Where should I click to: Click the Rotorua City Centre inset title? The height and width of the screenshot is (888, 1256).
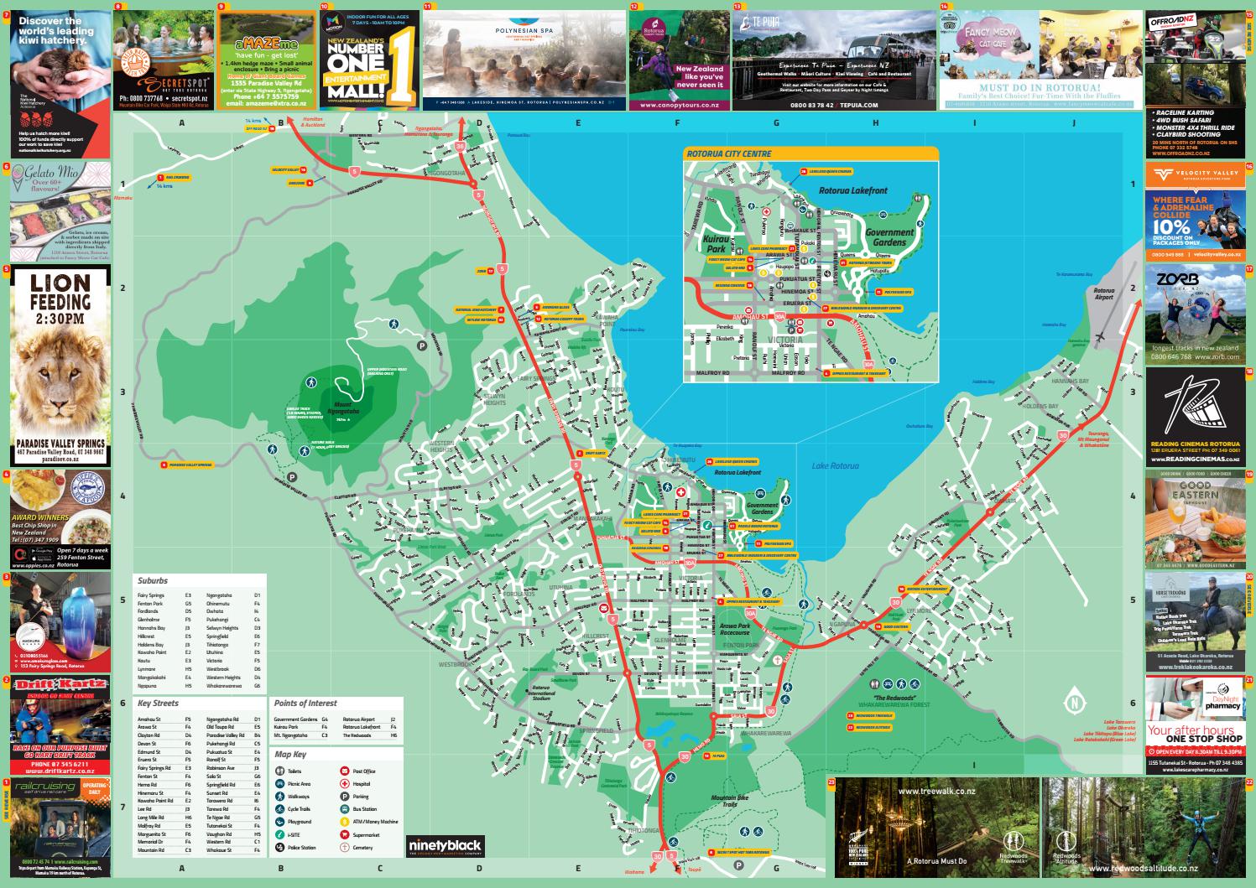pyautogui.click(x=728, y=154)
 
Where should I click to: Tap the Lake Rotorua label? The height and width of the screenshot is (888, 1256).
pyautogui.click(x=835, y=465)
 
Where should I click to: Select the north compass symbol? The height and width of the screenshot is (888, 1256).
pyautogui.click(x=1071, y=698)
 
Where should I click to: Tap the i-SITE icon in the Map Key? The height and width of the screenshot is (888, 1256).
pyautogui.click(x=279, y=835)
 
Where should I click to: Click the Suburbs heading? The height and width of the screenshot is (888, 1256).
pyautogui.click(x=153, y=580)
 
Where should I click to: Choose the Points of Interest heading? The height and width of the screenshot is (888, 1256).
pyautogui.click(x=305, y=704)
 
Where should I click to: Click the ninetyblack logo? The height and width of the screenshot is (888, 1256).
pyautogui.click(x=445, y=844)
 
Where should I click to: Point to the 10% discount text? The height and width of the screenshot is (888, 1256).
pyautogui.click(x=1171, y=226)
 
